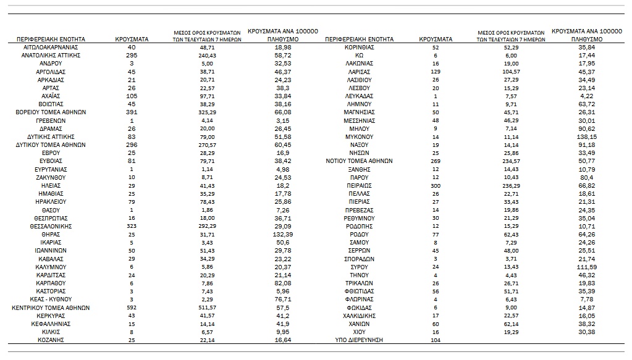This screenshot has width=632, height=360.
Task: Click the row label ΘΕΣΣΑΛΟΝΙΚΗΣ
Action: tap(51, 226)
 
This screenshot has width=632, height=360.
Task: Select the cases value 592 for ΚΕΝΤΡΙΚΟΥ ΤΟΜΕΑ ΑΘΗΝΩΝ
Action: tap(132, 308)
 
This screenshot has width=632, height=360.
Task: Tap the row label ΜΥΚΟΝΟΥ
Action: tap(358, 136)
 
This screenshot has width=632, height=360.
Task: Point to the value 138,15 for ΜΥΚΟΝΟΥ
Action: tap(578, 136)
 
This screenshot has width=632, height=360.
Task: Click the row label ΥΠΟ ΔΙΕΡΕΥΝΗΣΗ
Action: tap(358, 340)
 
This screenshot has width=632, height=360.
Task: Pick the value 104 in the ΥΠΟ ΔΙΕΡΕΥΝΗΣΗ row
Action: tap(436, 340)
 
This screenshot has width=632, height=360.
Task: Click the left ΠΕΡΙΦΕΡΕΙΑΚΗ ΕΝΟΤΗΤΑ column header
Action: tap(51, 39)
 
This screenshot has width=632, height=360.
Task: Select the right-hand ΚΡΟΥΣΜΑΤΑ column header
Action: tap(436, 39)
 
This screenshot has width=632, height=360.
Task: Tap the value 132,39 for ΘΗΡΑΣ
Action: tap(282, 234)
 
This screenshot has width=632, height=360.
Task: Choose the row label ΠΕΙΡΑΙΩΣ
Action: tap(358, 185)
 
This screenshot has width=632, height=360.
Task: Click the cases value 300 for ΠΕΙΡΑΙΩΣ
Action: tap(436, 185)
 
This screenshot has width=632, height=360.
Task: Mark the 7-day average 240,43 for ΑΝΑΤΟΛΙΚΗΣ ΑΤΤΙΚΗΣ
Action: tap(207, 55)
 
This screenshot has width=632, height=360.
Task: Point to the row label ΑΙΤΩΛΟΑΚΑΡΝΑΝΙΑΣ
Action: tap(51, 47)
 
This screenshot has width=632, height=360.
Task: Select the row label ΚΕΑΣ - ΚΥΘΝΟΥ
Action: tap(51, 299)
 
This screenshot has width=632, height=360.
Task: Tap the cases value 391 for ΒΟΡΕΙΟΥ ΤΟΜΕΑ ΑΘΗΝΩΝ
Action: tap(132, 112)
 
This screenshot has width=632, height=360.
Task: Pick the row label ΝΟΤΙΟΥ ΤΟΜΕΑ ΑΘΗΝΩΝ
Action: tap(358, 161)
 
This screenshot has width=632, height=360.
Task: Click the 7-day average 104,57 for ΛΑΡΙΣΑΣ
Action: tap(511, 72)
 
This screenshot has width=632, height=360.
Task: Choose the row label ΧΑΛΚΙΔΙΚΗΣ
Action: tap(358, 316)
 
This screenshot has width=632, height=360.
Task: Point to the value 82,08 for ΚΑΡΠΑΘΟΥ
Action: tap(282, 283)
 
